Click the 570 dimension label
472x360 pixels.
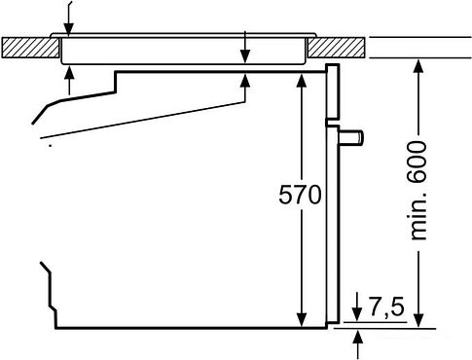[x=300, y=195]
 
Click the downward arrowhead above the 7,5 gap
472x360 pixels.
[x=358, y=309]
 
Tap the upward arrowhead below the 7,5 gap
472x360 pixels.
[x=358, y=336]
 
